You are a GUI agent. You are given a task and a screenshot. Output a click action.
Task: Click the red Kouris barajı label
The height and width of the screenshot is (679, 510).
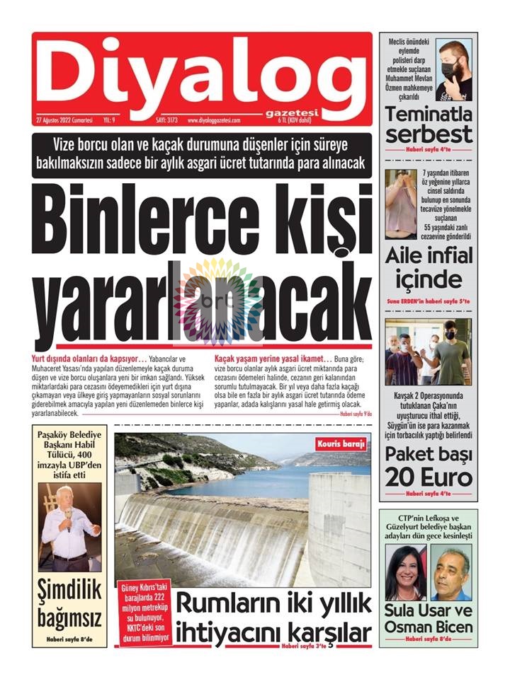(x=344, y=444)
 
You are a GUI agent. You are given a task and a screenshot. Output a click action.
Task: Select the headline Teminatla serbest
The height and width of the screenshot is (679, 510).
(x=429, y=124)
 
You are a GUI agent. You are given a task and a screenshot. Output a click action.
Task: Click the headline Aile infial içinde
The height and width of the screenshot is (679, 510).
(x=429, y=268)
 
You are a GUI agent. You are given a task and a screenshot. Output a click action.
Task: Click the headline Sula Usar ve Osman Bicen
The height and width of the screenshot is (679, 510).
(x=429, y=617)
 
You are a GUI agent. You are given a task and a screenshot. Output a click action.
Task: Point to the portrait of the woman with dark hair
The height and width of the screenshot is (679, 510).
(x=404, y=574)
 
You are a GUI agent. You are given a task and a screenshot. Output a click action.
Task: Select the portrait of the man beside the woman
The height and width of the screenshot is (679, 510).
(x=451, y=574)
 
